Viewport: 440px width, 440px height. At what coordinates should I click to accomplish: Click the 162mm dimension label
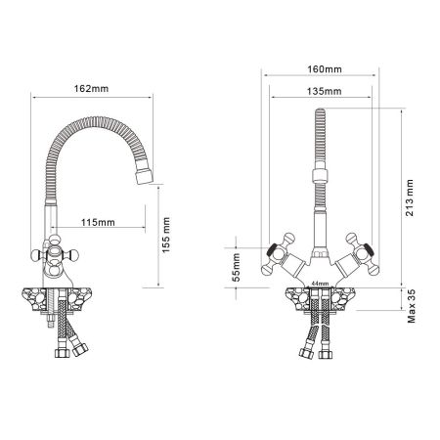[x=91, y=89]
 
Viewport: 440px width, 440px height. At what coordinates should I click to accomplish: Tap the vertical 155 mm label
[x=167, y=235]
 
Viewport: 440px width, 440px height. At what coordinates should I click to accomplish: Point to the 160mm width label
[x=319, y=70]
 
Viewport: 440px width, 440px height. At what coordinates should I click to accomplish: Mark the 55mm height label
[x=234, y=267]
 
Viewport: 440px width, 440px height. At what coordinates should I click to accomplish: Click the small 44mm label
[x=318, y=285]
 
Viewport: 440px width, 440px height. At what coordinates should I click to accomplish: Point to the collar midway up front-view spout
[x=318, y=180]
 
